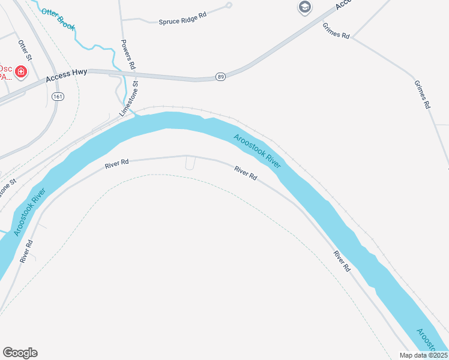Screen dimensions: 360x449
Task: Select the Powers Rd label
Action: (128, 53)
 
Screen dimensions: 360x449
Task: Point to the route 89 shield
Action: (221, 76)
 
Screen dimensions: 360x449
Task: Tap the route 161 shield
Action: (58, 96)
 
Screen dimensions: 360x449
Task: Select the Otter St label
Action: (25, 50)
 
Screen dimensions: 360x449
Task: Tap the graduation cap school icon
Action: (305, 7)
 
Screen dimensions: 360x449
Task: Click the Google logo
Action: (20, 353)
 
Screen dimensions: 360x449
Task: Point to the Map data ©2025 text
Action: (424, 355)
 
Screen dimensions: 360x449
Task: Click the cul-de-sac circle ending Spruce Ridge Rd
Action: (229, 5)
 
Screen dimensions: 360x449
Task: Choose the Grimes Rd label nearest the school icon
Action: (336, 31)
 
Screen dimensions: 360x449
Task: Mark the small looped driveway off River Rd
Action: (190, 164)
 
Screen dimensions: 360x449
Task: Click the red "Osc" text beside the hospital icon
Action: (5, 68)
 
